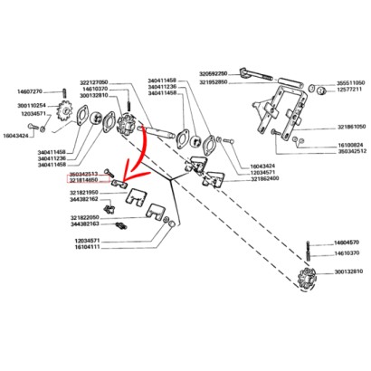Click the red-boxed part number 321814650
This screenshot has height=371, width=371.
coord(89,181)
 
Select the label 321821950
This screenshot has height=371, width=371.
coord(89,192)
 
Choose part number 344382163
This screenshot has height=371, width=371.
coord(89,223)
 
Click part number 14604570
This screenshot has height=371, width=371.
coord(344,244)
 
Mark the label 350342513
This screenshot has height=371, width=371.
coord(89,174)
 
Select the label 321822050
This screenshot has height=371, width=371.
coord(89,215)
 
